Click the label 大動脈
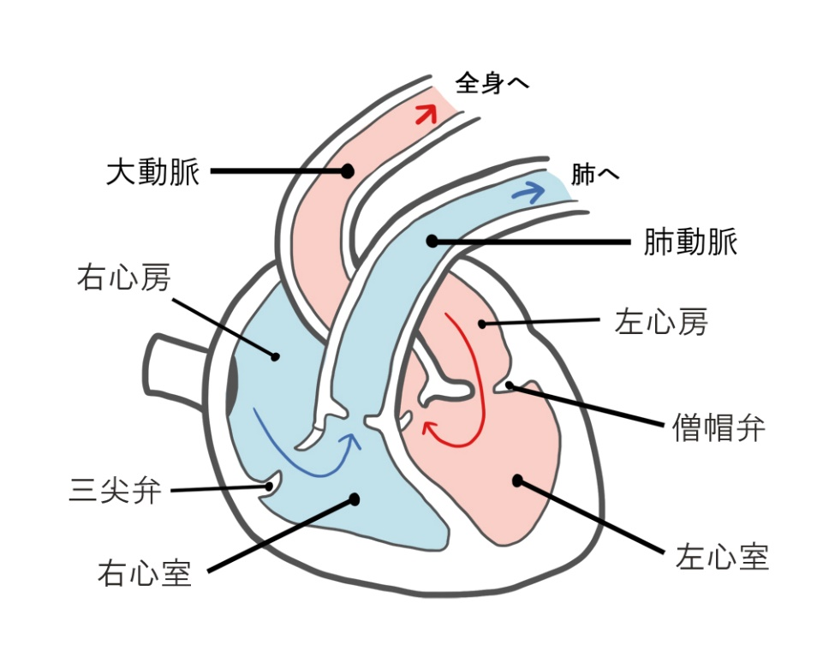[x=152, y=171]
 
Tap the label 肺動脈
[x=691, y=242]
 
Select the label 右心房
[x=124, y=278]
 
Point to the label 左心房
[x=661, y=321]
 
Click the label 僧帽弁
[x=719, y=428]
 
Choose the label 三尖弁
[x=115, y=491]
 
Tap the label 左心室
[x=722, y=557]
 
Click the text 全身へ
[x=492, y=83]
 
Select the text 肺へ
[x=594, y=174]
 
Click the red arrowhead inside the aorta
[x=426, y=113]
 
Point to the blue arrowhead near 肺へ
[x=529, y=192]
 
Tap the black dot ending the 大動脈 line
[x=347, y=170]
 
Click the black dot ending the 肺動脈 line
[x=432, y=241]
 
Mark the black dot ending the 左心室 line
[x=518, y=481]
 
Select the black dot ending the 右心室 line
[x=355, y=499]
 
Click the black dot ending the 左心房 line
[x=482, y=324]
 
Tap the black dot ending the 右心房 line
[x=275, y=357]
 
